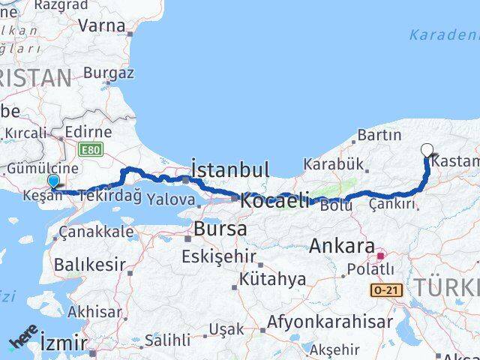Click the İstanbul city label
tap(230, 169)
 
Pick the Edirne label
tap(88, 132)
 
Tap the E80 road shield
tap(90, 149)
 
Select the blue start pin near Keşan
tap(53, 181)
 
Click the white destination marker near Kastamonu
tap(427, 149)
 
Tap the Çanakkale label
tap(96, 231)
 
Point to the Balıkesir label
tap(88, 264)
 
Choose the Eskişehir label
tap(219, 256)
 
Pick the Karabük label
tap(333, 163)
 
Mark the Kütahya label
tap(272, 280)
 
